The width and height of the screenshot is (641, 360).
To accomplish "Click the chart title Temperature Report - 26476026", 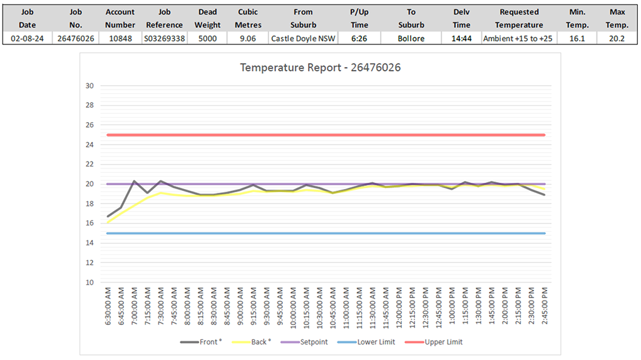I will [320, 67].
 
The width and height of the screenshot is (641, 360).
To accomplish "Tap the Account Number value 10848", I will [120, 38].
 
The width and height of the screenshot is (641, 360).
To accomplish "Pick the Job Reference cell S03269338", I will [164, 38].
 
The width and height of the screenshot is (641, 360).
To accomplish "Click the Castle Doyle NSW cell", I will [303, 38].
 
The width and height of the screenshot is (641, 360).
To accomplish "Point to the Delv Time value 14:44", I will [461, 38].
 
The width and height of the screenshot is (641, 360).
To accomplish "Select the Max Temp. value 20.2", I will [617, 38].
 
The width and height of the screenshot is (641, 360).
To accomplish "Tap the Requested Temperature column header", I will [519, 18].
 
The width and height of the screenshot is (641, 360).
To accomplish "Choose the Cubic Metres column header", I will [248, 18].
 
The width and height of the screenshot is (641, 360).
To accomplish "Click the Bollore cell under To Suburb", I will [411, 38].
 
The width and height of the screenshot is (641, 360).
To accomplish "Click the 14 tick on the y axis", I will [89, 243].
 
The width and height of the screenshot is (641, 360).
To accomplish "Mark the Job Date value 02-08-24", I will [26, 38].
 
